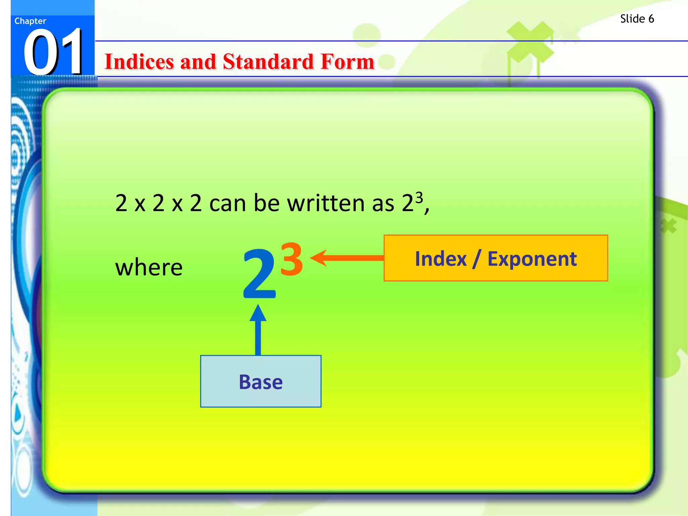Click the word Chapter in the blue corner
[x=30, y=21]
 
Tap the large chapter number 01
[x=53, y=52]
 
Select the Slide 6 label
[x=637, y=19]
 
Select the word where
[x=149, y=267]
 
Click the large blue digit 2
[x=259, y=274]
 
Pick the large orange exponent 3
[x=292, y=259]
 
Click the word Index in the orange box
[x=441, y=259]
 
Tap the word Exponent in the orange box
[x=532, y=259]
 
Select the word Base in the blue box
[x=261, y=382]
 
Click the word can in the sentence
[x=228, y=204]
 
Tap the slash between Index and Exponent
[x=477, y=259]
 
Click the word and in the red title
[x=198, y=62]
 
